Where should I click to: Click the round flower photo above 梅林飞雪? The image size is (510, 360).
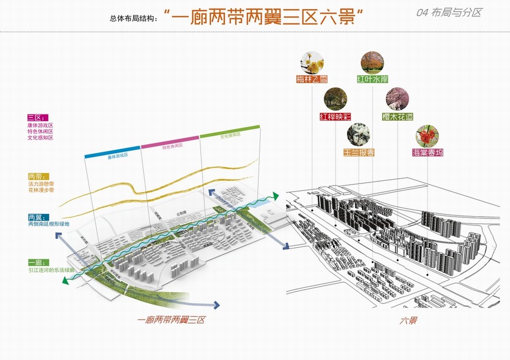click(x=311, y=63)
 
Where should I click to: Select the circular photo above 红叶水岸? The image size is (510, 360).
click(x=372, y=63)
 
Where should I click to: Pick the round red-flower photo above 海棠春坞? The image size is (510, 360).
click(x=427, y=136)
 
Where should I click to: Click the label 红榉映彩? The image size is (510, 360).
click(x=335, y=116)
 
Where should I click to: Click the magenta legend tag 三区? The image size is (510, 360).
click(x=38, y=117)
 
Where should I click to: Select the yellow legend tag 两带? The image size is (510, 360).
click(x=38, y=176)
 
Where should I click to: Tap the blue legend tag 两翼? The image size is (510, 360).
click(x=38, y=217)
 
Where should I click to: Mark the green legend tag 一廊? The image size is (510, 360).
click(x=38, y=263)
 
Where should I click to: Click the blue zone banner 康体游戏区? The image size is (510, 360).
click(x=113, y=155)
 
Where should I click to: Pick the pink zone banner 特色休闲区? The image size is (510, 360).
click(x=170, y=145)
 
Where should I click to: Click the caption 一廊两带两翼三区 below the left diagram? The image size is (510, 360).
click(x=171, y=320)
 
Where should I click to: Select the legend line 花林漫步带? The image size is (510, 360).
click(x=41, y=190)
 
